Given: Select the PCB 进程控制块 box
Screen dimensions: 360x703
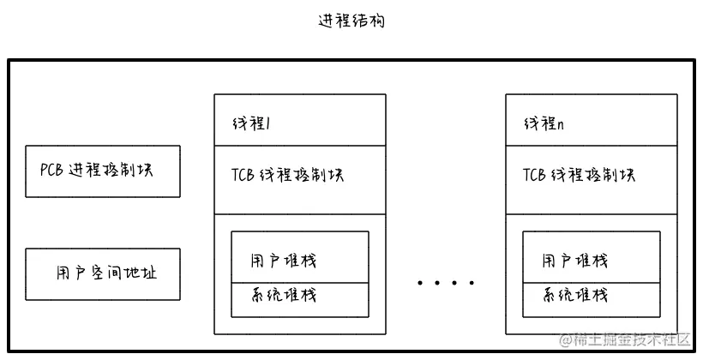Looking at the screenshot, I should [x=103, y=171].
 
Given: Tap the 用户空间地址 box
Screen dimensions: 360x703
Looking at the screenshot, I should [x=103, y=273].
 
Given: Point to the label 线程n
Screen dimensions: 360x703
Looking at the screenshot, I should [x=544, y=124].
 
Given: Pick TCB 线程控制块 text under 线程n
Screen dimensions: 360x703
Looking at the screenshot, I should [x=579, y=175].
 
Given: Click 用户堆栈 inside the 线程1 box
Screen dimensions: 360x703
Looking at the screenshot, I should [x=283, y=260].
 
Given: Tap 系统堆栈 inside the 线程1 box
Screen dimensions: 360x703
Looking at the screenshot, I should [x=283, y=295].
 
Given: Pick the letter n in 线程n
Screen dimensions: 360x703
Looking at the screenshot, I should [x=560, y=125].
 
